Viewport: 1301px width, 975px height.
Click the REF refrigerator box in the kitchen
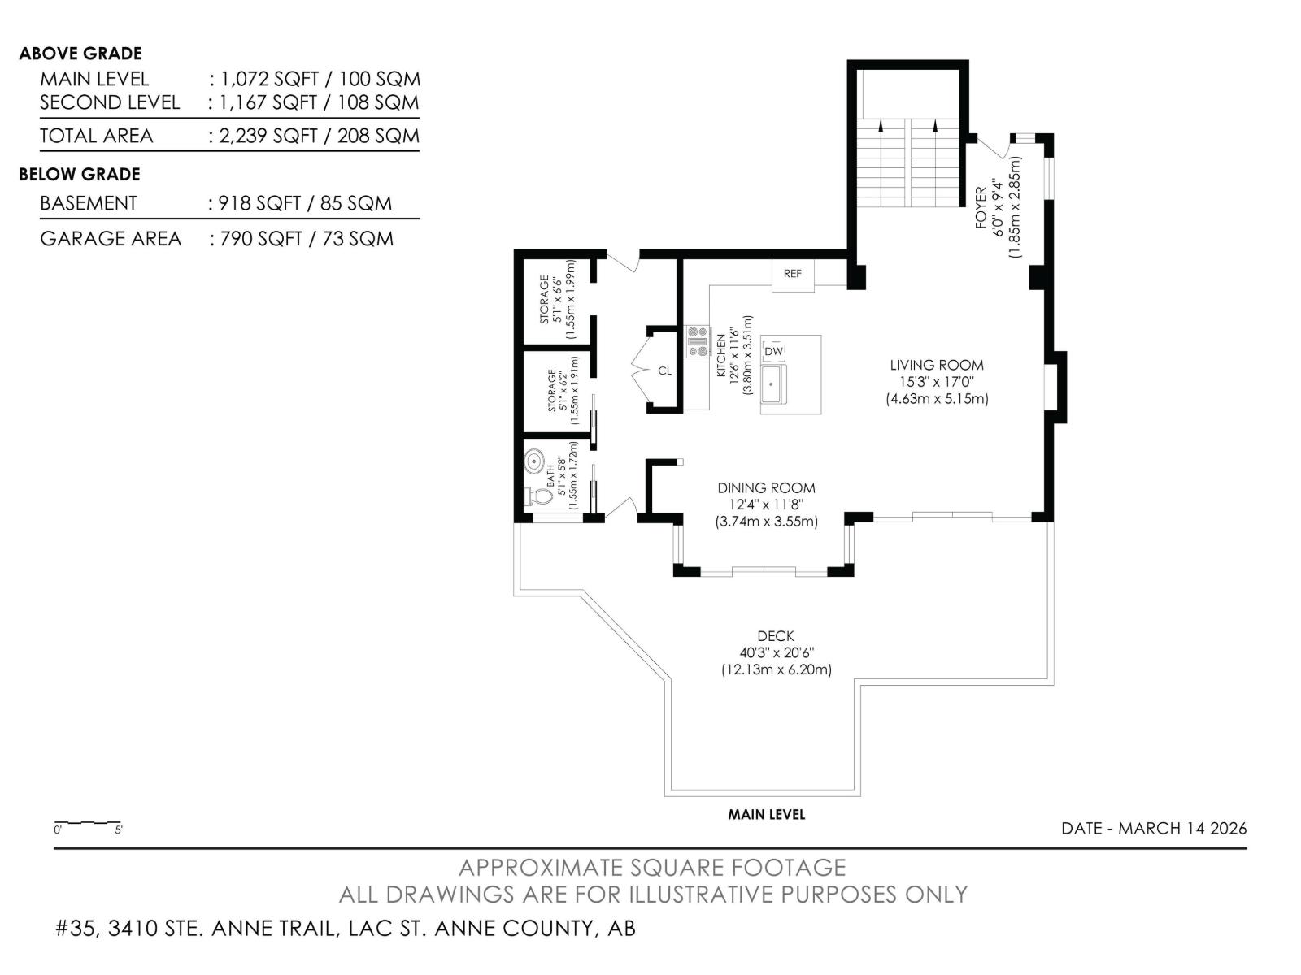[793, 275]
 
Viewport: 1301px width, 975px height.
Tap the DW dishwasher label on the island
[773, 351]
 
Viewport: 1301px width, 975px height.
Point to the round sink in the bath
[534, 461]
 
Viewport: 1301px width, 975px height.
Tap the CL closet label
[664, 371]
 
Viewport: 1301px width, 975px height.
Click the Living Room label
[937, 365]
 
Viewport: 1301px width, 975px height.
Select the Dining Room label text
[767, 487]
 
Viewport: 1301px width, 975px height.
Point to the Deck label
[776, 636]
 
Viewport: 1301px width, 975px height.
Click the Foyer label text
[981, 208]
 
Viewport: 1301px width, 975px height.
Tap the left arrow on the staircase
[881, 125]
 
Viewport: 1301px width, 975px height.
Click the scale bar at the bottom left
[88, 823]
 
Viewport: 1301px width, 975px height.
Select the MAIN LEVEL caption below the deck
[767, 815]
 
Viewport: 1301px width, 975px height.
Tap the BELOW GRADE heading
[80, 174]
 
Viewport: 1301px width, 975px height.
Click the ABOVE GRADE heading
[80, 54]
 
